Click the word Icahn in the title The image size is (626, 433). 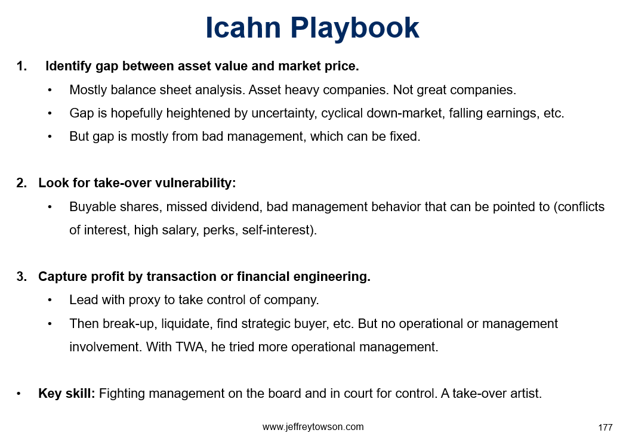click(x=243, y=28)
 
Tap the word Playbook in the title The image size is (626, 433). click(x=354, y=29)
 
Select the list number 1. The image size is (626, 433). click(x=21, y=66)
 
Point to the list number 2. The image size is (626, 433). click(x=21, y=183)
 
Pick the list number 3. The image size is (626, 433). click(x=21, y=277)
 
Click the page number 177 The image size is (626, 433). click(x=605, y=428)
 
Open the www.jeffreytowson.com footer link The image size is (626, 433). click(x=313, y=426)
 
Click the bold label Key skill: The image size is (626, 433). click(x=67, y=394)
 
